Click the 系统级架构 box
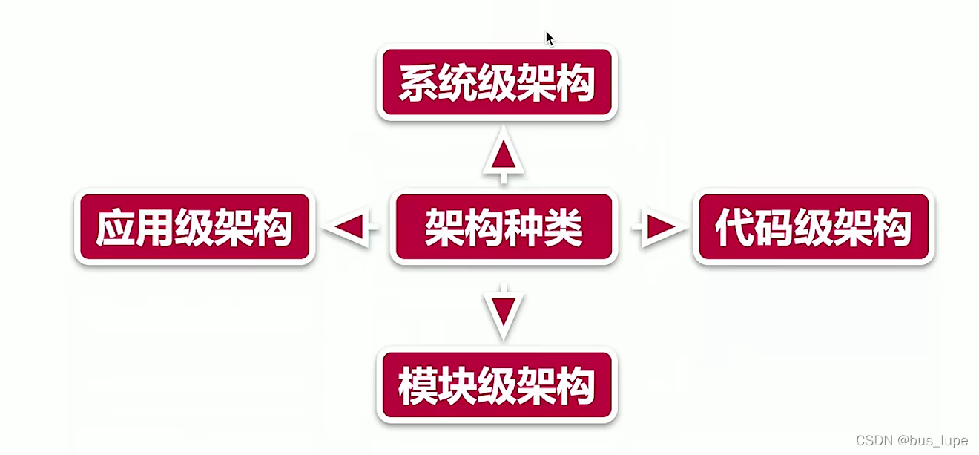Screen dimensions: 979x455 [x=497, y=83]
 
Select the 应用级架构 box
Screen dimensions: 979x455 [x=194, y=226]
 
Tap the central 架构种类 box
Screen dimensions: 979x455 [x=504, y=227]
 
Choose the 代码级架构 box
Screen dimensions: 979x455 [x=813, y=226]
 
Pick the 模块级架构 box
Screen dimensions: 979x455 [x=497, y=386]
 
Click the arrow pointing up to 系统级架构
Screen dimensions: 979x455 [x=504, y=157]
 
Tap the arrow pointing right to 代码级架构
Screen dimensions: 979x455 [x=659, y=227]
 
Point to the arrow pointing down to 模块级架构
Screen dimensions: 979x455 [x=504, y=310]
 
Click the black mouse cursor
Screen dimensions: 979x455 [x=550, y=39]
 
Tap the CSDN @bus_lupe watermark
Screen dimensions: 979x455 [x=912, y=441]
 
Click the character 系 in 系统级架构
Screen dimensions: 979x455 [x=418, y=83]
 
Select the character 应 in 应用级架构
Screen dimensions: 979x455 [x=115, y=227]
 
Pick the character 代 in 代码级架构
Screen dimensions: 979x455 [x=734, y=227]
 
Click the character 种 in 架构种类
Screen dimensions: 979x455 [x=524, y=227]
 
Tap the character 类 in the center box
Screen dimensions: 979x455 [x=564, y=227]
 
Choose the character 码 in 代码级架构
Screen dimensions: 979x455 [x=773, y=227]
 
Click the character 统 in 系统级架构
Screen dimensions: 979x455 [x=457, y=83]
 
